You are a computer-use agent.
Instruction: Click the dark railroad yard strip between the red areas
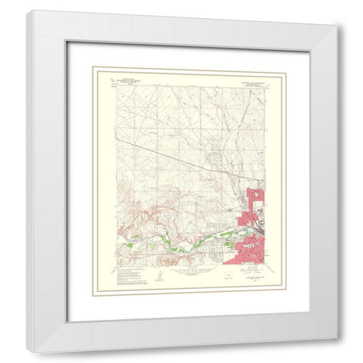(x=259, y=227)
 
